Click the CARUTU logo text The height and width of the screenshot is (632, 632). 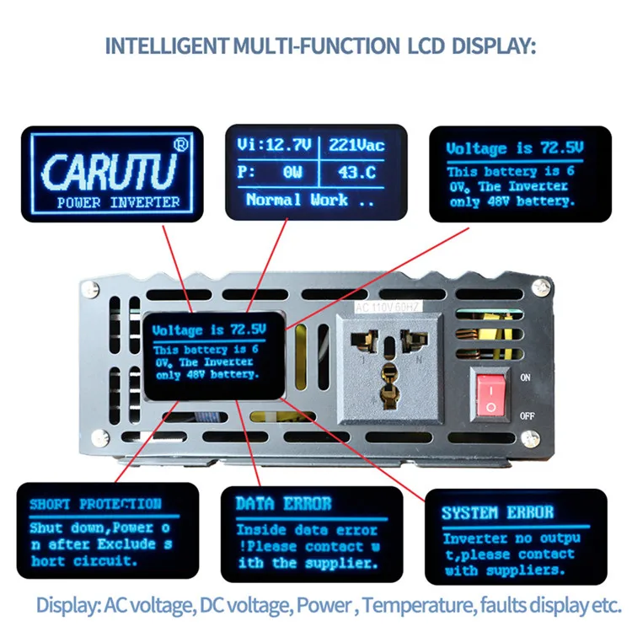coord(110,171)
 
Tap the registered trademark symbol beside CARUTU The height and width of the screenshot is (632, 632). coord(179,145)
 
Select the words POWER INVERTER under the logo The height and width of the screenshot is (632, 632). coord(118,202)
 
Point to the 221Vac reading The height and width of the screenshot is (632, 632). coord(356,146)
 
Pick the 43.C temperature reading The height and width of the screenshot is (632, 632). coord(356,173)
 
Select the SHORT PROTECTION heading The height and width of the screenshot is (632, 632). coord(94,504)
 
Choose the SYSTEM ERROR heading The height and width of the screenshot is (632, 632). coord(497,512)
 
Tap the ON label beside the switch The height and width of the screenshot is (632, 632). coord(527,378)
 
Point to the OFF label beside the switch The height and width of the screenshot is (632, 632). coord(528,415)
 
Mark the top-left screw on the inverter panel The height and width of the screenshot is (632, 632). coord(88,289)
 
